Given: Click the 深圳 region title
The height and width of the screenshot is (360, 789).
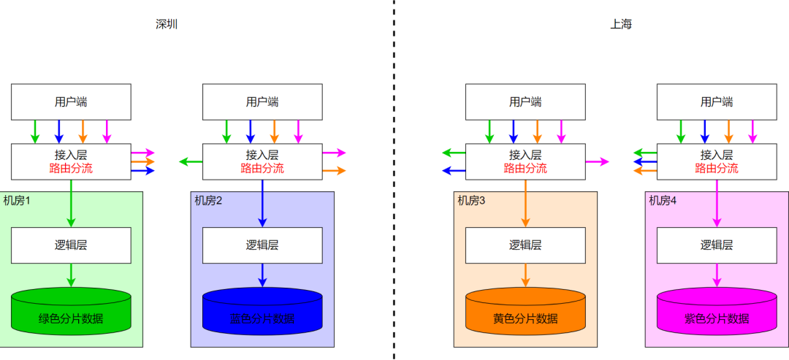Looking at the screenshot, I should (x=167, y=24).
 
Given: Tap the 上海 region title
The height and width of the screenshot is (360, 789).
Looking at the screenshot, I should (x=621, y=24).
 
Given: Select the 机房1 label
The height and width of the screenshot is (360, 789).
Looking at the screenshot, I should (x=18, y=200).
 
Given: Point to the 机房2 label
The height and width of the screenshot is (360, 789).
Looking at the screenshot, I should (x=208, y=200).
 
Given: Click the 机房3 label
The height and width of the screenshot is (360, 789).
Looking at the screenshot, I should (x=472, y=200).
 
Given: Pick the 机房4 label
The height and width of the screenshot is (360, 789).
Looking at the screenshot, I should (x=663, y=200).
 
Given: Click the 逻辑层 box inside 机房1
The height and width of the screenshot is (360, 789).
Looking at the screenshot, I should (x=71, y=245).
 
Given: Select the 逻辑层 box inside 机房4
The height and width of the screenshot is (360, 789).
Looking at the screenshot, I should (x=717, y=245).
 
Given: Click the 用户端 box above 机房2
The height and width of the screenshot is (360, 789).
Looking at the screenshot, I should (x=262, y=102).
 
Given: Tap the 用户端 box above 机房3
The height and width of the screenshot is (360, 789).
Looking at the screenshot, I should (x=525, y=102).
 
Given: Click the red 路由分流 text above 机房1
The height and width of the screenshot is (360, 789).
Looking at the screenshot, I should (x=71, y=169).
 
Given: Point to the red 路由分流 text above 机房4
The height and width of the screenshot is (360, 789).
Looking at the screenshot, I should (x=717, y=169).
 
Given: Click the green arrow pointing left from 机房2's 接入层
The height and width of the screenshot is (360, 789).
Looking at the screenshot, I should (x=191, y=161).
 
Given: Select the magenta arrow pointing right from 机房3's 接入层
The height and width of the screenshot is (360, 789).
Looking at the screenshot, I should (x=597, y=161).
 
